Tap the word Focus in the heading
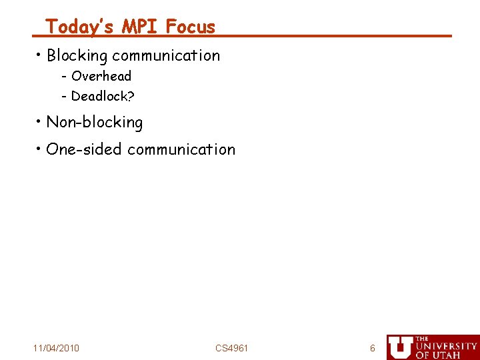[x=191, y=27]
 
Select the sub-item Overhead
[x=101, y=76]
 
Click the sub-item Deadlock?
[x=103, y=96]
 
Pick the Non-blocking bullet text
[x=94, y=123]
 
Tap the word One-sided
[x=84, y=149]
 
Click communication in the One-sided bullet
[x=181, y=149]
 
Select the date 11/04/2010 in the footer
[x=56, y=348]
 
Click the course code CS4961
[x=231, y=348]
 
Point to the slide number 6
[x=373, y=348]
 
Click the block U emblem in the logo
[x=400, y=347]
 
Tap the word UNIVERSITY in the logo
[x=446, y=347]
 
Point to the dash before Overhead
[x=64, y=77]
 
